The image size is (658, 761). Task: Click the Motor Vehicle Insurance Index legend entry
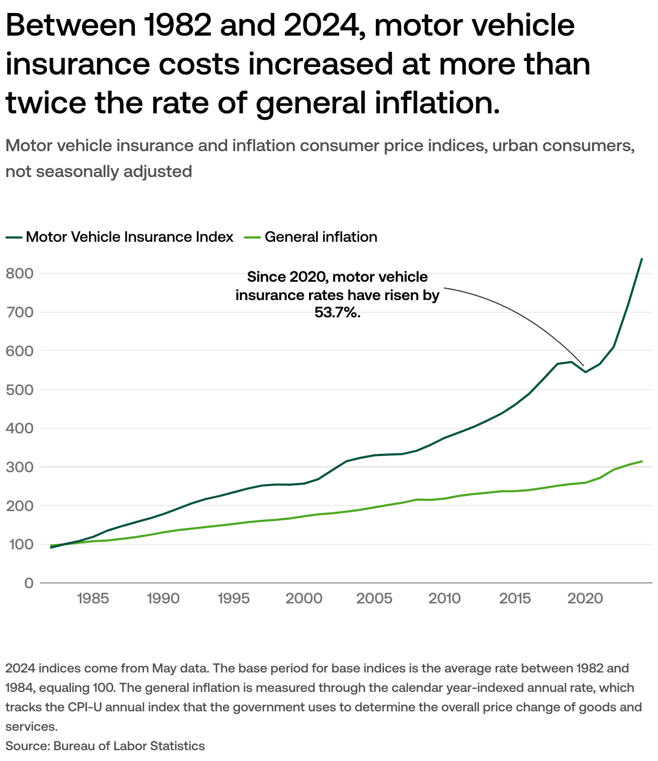coord(129,237)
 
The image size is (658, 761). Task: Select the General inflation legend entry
coord(321,237)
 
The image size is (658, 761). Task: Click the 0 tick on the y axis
coord(29,583)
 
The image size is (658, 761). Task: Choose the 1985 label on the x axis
coord(93,599)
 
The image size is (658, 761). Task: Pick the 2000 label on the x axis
coord(304,599)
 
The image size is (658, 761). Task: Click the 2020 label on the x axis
coord(586,599)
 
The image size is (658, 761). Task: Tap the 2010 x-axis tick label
coord(445,599)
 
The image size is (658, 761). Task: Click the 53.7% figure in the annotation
coord(337,312)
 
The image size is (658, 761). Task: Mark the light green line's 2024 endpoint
coord(642,461)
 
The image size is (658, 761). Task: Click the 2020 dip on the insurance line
coord(585,372)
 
